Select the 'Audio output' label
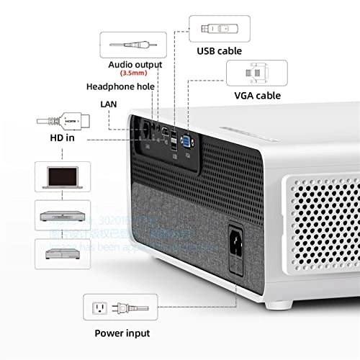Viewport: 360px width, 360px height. click(136, 63)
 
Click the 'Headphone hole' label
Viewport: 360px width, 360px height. click(120, 86)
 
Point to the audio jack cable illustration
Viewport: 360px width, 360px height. click(135, 42)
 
